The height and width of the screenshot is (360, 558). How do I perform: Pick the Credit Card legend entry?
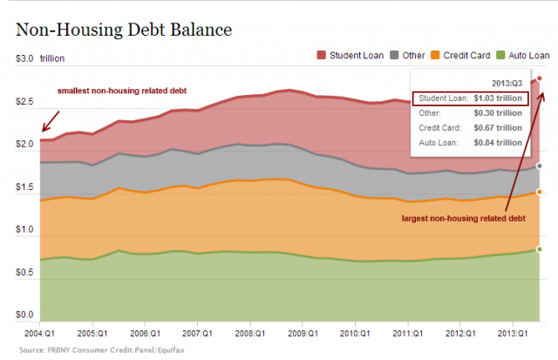pyautogui.click(x=467, y=56)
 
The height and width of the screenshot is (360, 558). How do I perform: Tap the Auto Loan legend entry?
pyautogui.click(x=526, y=56)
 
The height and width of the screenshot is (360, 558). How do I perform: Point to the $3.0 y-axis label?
pyautogui.click(x=24, y=58)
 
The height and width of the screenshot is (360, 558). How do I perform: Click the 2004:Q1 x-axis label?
pyautogui.click(x=39, y=332)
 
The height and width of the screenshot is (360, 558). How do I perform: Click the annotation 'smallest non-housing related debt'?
pyautogui.click(x=122, y=91)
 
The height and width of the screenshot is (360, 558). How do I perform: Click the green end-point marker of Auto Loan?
pyautogui.click(x=540, y=249)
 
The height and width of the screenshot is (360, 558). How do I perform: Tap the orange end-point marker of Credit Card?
pyautogui.click(x=540, y=192)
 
